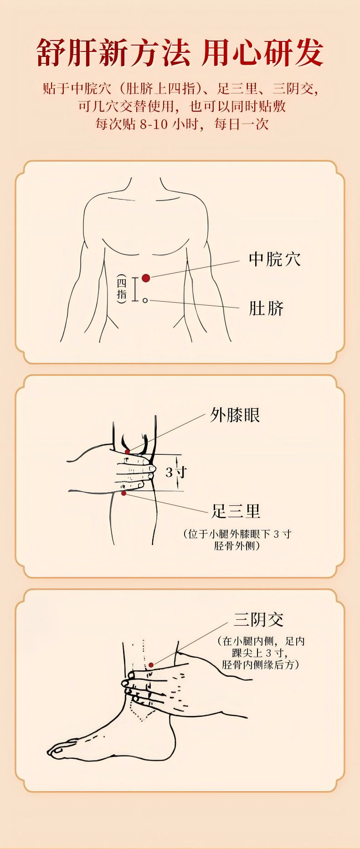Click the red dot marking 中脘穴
click(146, 278)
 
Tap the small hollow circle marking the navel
click(145, 300)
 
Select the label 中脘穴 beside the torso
click(275, 259)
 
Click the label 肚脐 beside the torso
click(266, 309)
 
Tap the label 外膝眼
click(235, 415)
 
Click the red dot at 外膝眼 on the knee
click(128, 452)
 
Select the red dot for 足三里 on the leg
click(123, 493)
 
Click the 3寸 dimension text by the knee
click(176, 472)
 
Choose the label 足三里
click(236, 511)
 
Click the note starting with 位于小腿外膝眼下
click(237, 540)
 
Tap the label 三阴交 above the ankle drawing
click(259, 620)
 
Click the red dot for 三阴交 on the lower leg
click(151, 665)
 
